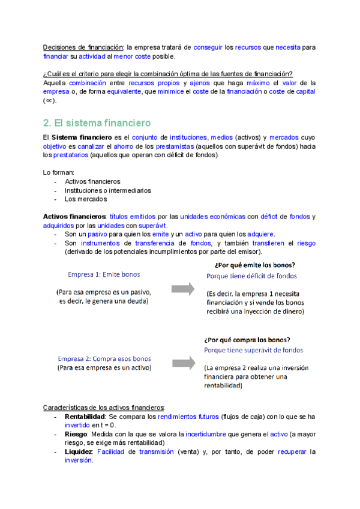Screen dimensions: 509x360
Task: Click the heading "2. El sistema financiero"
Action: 97,123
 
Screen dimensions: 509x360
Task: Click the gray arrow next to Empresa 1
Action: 183,289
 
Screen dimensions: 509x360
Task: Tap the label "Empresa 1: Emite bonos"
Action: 104,274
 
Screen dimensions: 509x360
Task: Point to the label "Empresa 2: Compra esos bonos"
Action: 104,356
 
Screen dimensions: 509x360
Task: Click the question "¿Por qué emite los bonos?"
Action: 254,265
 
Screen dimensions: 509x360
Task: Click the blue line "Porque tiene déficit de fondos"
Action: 251,276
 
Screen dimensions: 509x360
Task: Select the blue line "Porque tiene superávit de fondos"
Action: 254,350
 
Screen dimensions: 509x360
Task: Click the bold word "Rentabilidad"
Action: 85,416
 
